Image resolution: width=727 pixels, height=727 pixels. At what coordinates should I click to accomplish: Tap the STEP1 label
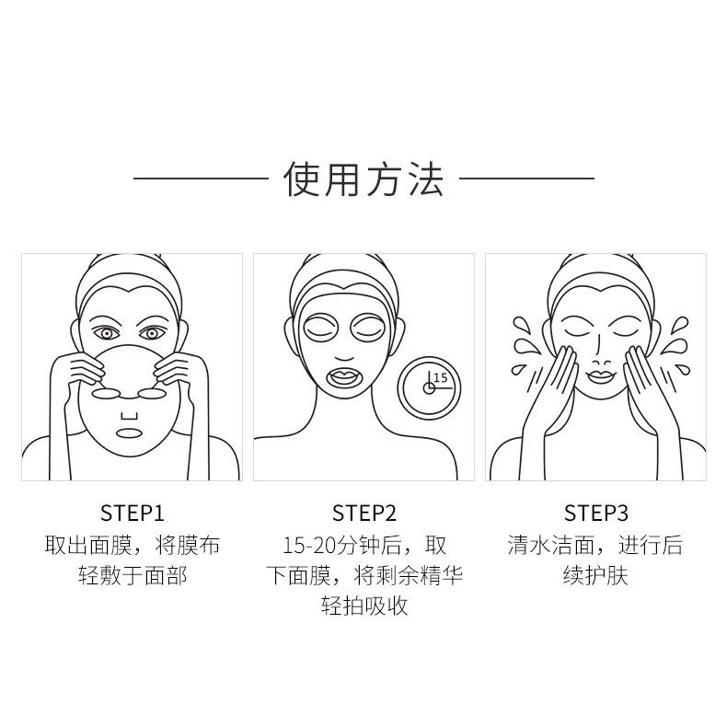132,513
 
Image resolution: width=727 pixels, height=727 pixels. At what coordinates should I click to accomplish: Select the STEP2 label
363,513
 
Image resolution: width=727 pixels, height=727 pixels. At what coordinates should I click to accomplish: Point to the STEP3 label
595,513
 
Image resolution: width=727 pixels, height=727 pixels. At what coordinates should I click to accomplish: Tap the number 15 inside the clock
440,377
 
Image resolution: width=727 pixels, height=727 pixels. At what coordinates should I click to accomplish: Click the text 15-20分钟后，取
363,545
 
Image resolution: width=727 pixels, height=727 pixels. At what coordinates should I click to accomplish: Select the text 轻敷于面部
132,576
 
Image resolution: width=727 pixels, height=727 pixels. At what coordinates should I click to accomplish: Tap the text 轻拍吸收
363,606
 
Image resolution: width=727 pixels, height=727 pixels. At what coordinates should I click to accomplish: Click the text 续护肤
595,576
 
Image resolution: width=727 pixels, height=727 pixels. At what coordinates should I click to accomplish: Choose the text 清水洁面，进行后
595,545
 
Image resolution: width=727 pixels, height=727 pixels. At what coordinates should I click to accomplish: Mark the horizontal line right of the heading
526,179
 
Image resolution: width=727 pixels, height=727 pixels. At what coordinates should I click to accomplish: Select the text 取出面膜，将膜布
132,545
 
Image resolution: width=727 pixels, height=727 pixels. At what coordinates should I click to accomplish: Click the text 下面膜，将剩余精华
363,576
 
